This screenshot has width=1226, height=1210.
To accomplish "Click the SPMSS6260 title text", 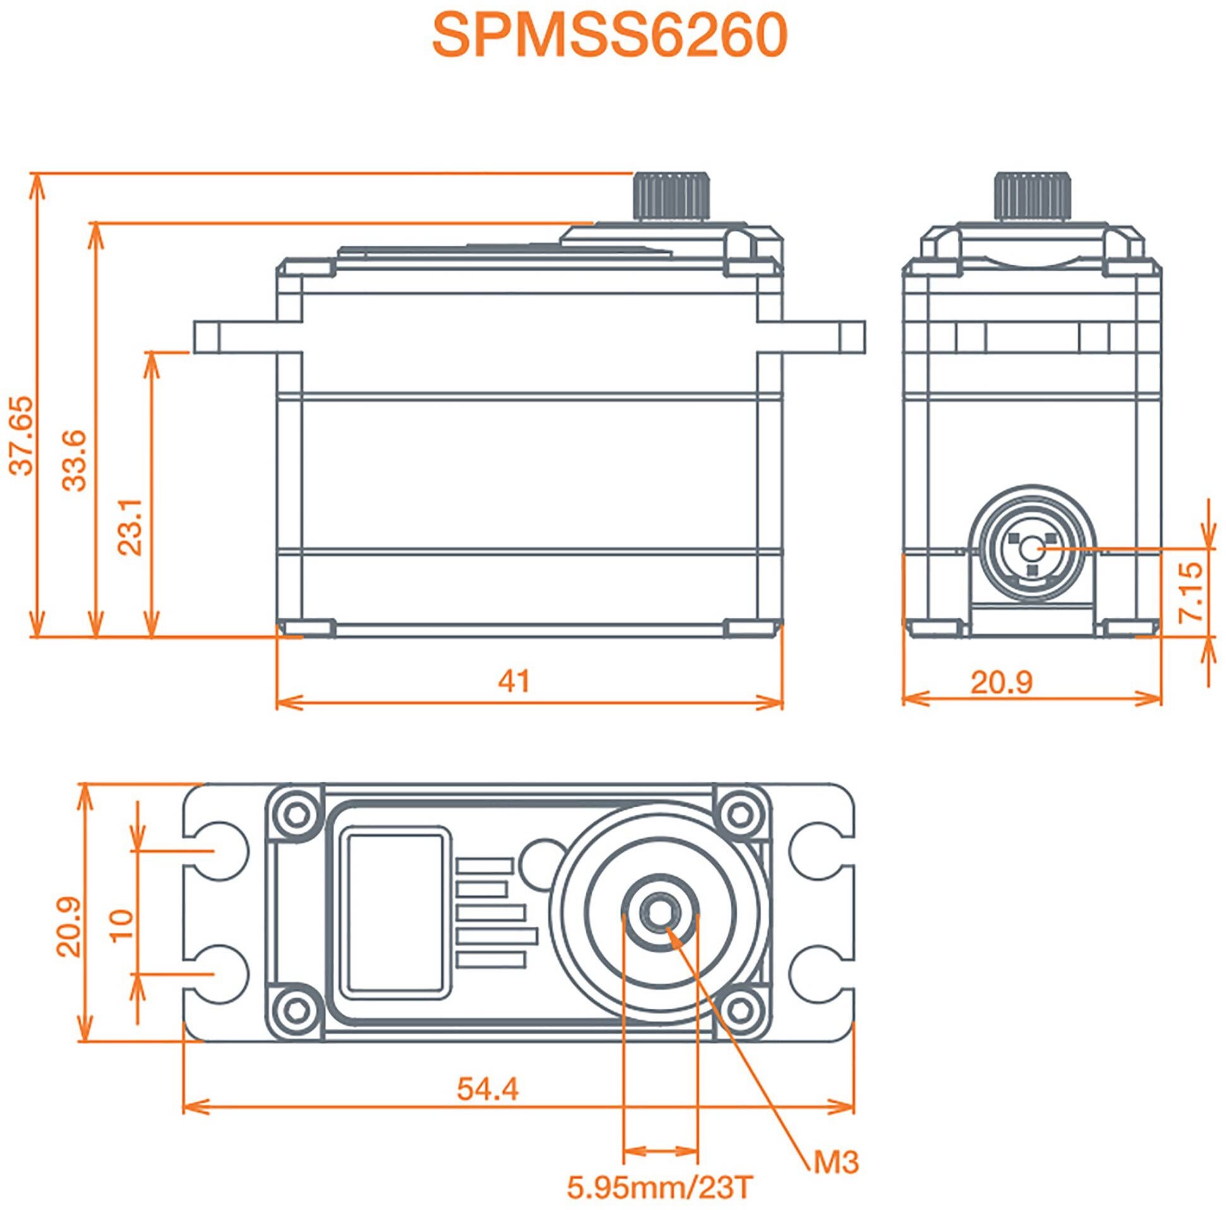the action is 610,36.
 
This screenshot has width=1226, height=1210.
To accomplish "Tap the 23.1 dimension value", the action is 131,526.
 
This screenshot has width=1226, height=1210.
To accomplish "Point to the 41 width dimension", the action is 513,681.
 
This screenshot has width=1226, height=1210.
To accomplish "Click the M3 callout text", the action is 836,1163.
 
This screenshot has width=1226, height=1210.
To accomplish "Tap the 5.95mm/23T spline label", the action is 660,1188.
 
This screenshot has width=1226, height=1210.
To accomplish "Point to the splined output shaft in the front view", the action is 671,195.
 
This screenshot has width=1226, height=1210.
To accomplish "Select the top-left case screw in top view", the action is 294,813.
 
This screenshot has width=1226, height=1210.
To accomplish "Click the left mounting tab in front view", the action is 235,337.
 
